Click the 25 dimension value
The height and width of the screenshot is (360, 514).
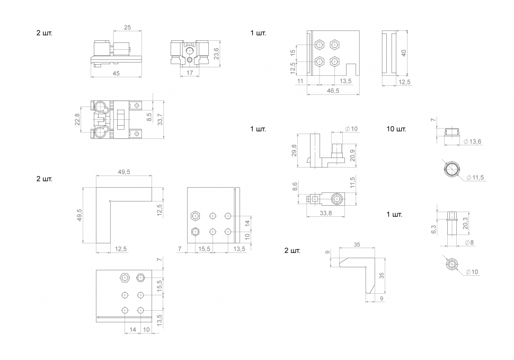click(128, 27)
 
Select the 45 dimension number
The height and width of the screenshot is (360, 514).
click(116, 74)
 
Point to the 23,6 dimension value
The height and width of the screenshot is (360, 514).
click(216, 54)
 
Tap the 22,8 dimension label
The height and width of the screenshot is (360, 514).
click(77, 119)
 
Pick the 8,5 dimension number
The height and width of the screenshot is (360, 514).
click(149, 117)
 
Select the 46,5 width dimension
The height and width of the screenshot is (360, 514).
click(333, 91)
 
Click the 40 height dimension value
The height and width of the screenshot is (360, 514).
click(404, 52)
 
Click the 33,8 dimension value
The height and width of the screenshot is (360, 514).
click(327, 214)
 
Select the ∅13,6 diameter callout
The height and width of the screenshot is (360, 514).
click(472, 142)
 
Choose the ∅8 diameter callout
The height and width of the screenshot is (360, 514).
click(469, 242)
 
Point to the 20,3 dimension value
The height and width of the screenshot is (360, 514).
click(465, 223)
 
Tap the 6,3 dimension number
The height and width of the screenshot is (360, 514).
click(433, 229)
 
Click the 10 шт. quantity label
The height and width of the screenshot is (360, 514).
click(396, 129)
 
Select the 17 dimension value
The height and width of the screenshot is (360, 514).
click(190, 74)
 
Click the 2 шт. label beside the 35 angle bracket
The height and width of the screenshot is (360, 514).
click(292, 250)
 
